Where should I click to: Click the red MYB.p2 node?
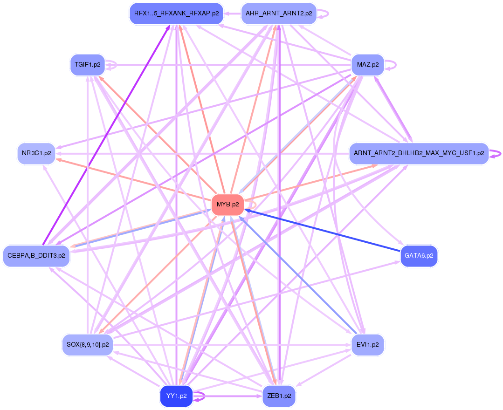(x=227, y=205)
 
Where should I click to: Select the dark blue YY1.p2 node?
(x=176, y=396)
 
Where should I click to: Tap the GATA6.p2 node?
(x=419, y=256)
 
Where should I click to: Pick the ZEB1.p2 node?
(x=279, y=396)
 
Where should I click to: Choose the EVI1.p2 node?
(x=367, y=345)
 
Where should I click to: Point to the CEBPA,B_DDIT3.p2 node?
(x=36, y=256)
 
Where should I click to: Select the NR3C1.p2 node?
(x=36, y=153)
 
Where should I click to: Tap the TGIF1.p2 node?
(x=88, y=65)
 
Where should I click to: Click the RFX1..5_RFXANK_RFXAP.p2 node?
(x=176, y=14)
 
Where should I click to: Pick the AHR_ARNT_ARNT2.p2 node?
(x=279, y=14)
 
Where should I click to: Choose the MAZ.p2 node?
(x=367, y=65)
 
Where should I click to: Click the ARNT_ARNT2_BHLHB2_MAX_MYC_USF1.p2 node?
(x=419, y=153)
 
